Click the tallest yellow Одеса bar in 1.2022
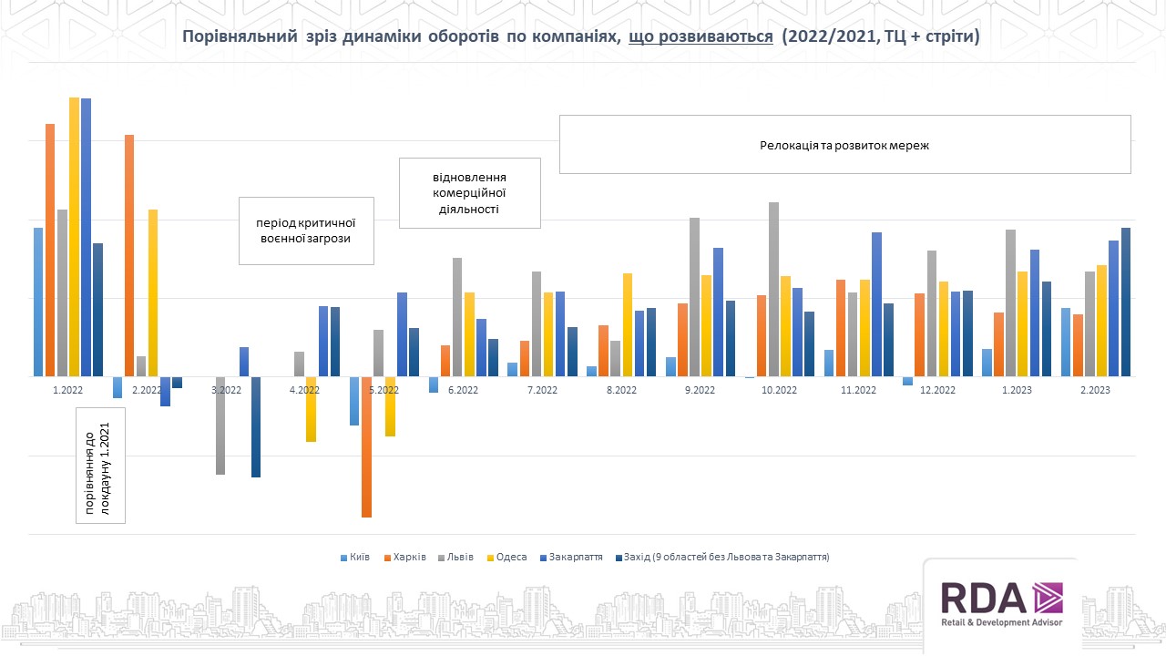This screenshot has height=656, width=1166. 75,237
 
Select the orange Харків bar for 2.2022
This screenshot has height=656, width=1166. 129,255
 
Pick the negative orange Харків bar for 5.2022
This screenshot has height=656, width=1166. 366,446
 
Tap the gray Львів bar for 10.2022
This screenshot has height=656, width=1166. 773,289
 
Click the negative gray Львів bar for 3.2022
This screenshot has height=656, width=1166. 220,425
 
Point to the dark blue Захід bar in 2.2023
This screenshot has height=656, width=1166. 1126,302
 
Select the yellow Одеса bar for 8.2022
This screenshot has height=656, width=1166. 628,324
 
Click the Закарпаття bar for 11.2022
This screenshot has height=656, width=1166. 876,304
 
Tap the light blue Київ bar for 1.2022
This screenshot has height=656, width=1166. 38,302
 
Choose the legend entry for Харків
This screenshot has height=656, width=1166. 405,557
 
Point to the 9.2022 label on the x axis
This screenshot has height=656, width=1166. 701,389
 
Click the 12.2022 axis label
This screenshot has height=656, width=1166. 938,389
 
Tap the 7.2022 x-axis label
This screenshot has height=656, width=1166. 542,389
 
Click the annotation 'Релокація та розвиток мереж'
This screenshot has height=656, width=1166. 844,145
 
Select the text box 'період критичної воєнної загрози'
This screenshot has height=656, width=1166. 306,231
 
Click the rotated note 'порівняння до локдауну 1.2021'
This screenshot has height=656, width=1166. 101,465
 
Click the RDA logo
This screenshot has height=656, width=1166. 1000,605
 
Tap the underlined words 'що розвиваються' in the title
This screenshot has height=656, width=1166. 701,37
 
